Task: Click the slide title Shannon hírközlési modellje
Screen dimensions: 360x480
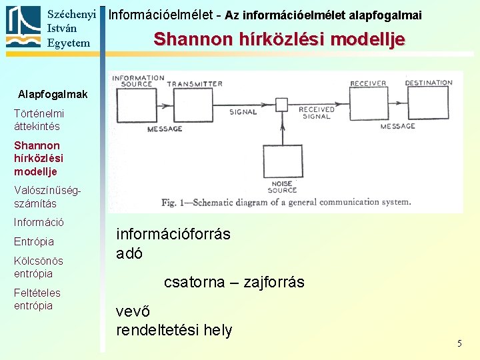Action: click(x=279, y=39)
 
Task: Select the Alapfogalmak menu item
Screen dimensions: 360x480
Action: click(x=53, y=94)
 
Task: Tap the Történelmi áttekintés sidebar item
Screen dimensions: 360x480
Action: click(x=37, y=120)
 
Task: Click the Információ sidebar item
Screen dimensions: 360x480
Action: click(x=39, y=222)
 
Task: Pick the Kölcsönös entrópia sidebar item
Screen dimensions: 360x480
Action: click(x=39, y=267)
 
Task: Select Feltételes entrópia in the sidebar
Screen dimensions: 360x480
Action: click(x=37, y=299)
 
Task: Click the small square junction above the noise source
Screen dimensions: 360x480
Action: click(x=282, y=105)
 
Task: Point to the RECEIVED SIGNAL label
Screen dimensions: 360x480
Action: click(x=317, y=113)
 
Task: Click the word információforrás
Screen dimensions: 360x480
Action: click(x=173, y=234)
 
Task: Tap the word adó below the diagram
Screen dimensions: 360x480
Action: click(x=129, y=253)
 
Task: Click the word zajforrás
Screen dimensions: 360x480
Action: click(x=274, y=282)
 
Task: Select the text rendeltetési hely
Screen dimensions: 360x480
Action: click(x=174, y=330)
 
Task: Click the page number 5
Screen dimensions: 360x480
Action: click(x=459, y=343)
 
